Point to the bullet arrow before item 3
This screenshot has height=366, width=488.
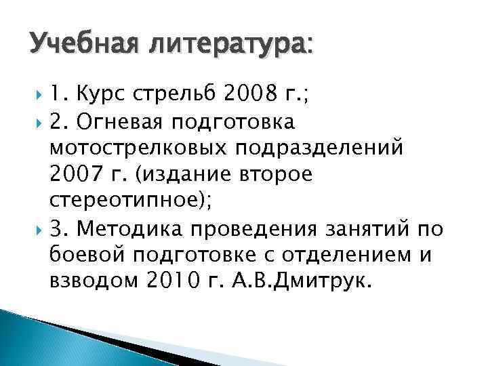point(36,230)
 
